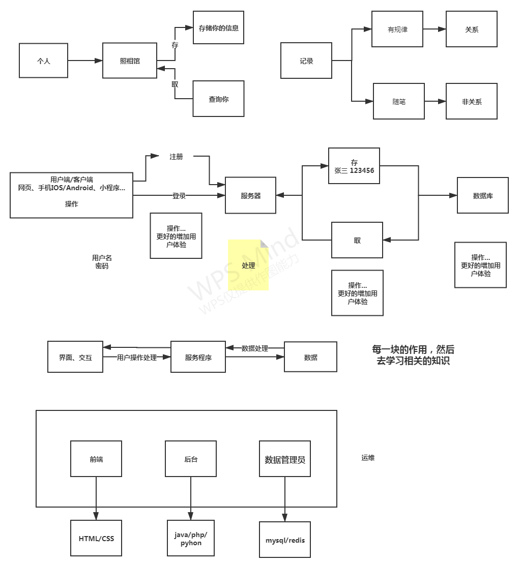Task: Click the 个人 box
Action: coord(43,61)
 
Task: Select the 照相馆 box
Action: coord(130,61)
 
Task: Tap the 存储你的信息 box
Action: coord(219,28)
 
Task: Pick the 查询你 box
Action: coord(219,99)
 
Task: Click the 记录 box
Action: coord(306,61)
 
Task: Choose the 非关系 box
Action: coord(472,101)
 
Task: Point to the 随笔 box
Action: coord(399,101)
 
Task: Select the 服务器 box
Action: coord(251,195)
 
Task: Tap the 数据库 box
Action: coord(483,195)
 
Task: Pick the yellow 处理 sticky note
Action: coord(248,265)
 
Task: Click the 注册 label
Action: coord(176,157)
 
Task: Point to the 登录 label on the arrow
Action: coord(179,196)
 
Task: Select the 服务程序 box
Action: coord(198,357)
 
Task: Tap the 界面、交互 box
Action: coord(75,357)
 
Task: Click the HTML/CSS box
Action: coord(96,538)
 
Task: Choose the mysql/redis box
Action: coord(285,540)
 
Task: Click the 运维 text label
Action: coord(368,458)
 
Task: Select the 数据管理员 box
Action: coord(285,459)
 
